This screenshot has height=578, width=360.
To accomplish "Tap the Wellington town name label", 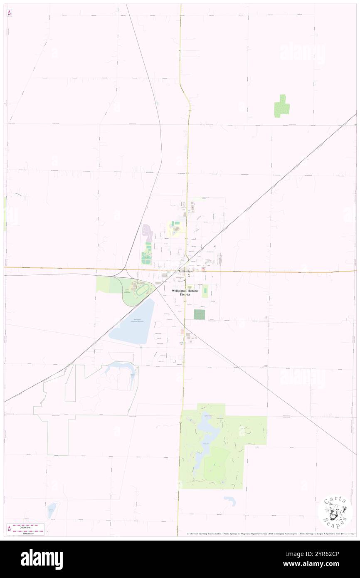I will [x=185, y=271].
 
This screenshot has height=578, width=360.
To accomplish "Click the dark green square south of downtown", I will [x=199, y=314].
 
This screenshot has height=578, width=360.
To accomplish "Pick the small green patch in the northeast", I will [x=282, y=106].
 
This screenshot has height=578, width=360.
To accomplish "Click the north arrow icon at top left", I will [x=9, y=13].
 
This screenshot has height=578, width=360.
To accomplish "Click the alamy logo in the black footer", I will [x=42, y=559].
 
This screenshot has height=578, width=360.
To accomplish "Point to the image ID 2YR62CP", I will [x=324, y=554].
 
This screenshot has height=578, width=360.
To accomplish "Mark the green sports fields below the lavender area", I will [x=146, y=254].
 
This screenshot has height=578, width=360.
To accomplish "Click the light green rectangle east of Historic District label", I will [x=205, y=291].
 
